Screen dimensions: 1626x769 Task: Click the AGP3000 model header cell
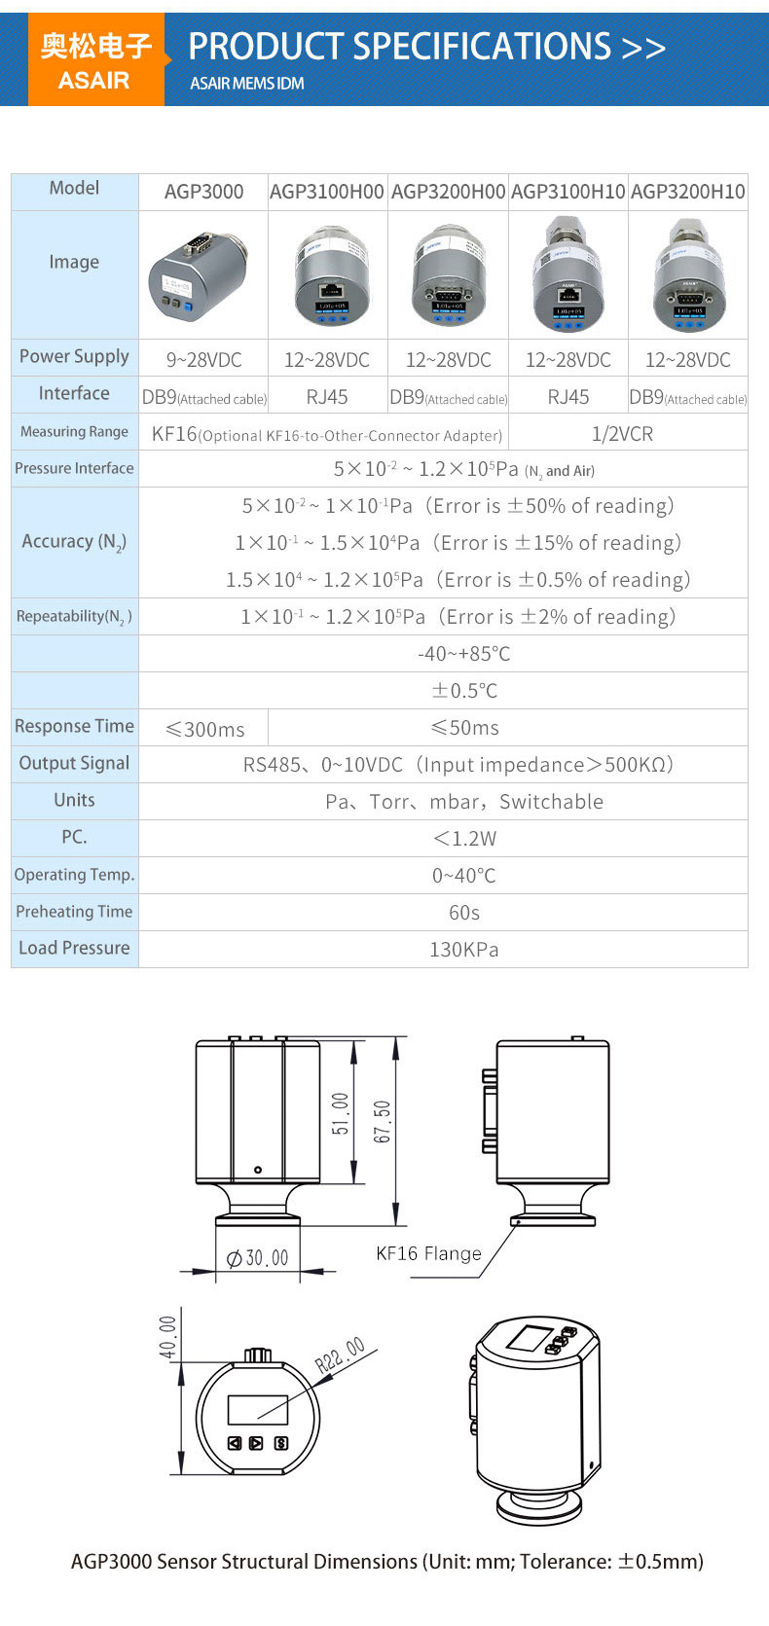pyautogui.click(x=203, y=192)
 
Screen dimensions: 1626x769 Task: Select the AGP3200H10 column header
pyautogui.click(x=688, y=192)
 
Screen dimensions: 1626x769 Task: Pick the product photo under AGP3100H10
pyautogui.click(x=568, y=275)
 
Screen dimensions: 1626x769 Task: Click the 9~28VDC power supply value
pyautogui.click(x=203, y=360)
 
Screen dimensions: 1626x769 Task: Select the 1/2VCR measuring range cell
pyautogui.click(x=623, y=434)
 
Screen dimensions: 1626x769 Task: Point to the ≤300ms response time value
pyautogui.click(x=204, y=729)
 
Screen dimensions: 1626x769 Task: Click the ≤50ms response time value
pyautogui.click(x=464, y=728)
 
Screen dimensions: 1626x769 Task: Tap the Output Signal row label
pyautogui.click(x=74, y=764)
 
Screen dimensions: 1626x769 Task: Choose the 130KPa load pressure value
pyautogui.click(x=464, y=950)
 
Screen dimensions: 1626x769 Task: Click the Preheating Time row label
pyautogui.click(x=74, y=912)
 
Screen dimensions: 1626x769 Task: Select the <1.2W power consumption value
pyautogui.click(x=464, y=839)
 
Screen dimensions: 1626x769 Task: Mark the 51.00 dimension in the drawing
pyautogui.click(x=341, y=1113)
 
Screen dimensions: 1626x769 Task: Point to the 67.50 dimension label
pyautogui.click(x=383, y=1121)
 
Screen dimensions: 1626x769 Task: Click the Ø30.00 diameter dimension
pyautogui.click(x=257, y=1258)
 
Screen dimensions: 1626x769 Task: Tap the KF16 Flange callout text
pyautogui.click(x=428, y=1254)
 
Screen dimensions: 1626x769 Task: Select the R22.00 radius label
pyautogui.click(x=341, y=1355)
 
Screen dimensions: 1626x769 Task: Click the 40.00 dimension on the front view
pyautogui.click(x=168, y=1337)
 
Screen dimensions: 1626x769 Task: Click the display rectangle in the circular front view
pyautogui.click(x=258, y=1410)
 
